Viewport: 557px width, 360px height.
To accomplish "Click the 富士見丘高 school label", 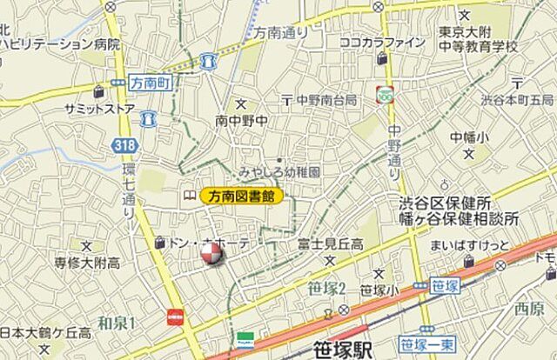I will pyautogui.click(x=329, y=244).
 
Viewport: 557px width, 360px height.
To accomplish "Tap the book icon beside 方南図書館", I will pyautogui.click(x=189, y=197).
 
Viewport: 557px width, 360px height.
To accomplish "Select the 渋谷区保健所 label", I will pyautogui.click(x=445, y=203).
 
